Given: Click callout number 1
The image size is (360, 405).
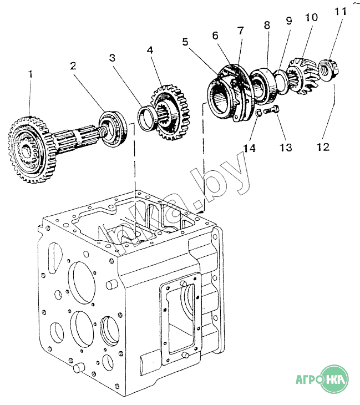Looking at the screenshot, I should point(31,73).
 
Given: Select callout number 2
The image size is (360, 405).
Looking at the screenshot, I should point(73,65).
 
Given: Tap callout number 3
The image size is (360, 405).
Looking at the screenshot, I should point(112,57).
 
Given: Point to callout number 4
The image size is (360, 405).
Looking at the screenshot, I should point(150,50).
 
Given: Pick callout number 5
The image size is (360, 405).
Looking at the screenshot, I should point(185,41).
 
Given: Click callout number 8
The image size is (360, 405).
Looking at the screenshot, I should point(267,25).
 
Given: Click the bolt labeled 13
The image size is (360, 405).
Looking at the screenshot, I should point(271,110).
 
